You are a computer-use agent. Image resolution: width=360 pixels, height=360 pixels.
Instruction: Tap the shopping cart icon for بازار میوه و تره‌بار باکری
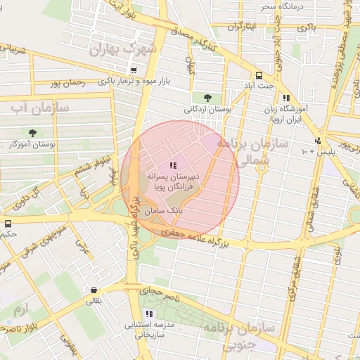click(x=134, y=70)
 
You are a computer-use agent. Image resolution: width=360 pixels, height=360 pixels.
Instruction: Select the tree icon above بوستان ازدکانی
click(x=207, y=97)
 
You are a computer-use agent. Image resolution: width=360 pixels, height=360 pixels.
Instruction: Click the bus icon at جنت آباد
click(x=259, y=75)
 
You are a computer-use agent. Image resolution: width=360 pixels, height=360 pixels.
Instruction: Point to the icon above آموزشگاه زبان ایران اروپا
click(x=286, y=99)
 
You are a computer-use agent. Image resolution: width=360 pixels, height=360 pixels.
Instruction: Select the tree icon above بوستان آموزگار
click(x=33, y=132)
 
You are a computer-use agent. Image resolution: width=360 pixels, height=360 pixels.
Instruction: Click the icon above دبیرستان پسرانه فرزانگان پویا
click(x=173, y=165)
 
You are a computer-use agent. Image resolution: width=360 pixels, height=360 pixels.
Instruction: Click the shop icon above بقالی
click(x=94, y=290)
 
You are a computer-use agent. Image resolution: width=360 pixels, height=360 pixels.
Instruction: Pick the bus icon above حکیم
click(x=8, y=224)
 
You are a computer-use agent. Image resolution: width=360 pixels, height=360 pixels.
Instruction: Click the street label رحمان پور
click(x=67, y=83)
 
